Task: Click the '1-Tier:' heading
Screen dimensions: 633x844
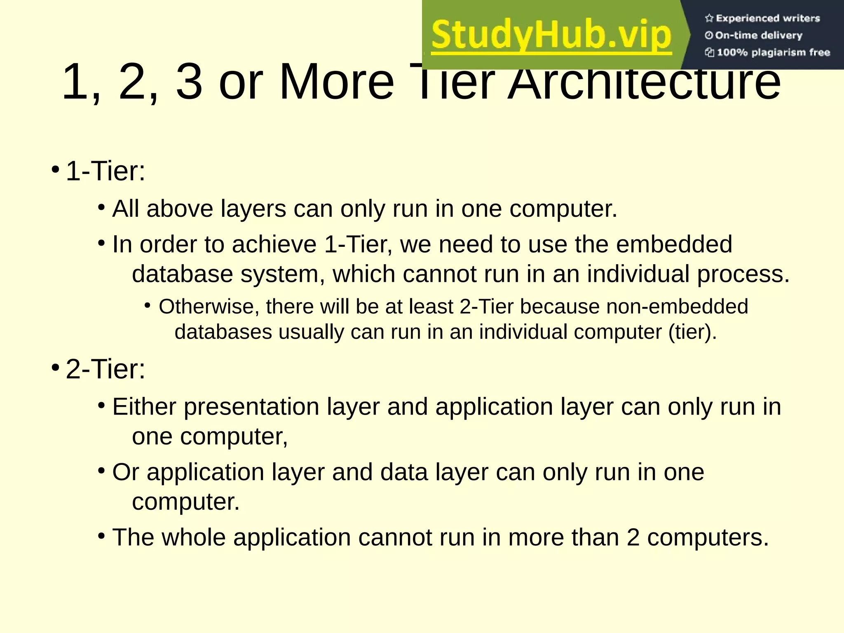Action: point(105,171)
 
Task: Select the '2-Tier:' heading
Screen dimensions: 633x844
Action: point(105,369)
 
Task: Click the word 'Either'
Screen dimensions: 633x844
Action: point(144,407)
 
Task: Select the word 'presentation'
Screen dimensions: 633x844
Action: point(251,408)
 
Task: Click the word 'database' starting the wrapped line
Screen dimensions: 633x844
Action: point(183,274)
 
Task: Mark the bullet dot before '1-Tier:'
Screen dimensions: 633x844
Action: point(55,169)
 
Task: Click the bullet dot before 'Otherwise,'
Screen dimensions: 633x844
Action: point(148,305)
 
